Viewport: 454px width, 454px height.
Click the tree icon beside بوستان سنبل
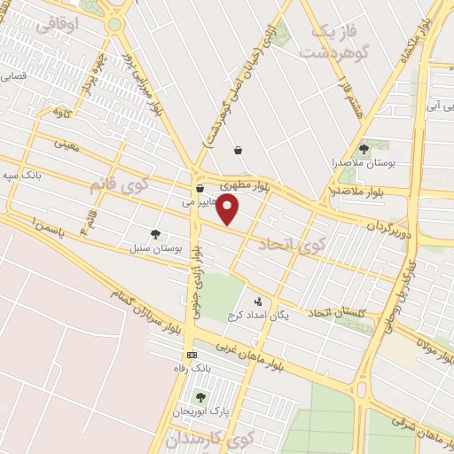tap(156, 235)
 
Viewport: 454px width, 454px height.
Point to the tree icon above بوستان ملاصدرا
tap(364, 149)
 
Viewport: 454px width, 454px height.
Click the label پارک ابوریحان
tap(202, 411)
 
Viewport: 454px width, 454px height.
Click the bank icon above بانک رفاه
tap(192, 355)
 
